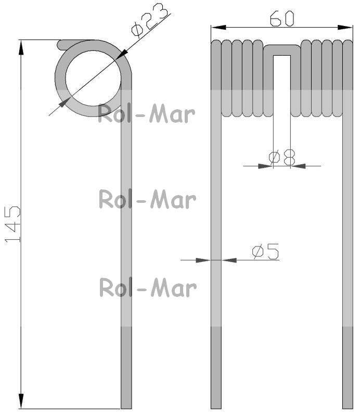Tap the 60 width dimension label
pos(282,19)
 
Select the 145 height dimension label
pos(12,224)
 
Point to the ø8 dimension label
pos(281,157)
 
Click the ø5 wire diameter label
pos(265,251)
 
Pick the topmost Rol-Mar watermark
pos(147,114)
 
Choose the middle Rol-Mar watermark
pos(147,199)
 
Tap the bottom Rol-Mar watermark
pos(148,288)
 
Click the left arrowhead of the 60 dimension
pos(218,28)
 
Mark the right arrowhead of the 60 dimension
pos(345,28)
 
